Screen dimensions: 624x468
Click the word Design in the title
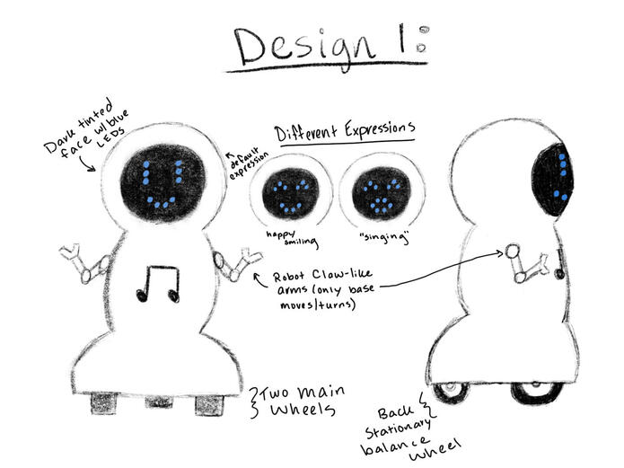click(x=305, y=48)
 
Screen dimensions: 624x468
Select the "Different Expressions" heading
click(x=346, y=130)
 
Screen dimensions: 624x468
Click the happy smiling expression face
click(x=291, y=194)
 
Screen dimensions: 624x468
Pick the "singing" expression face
click(x=381, y=193)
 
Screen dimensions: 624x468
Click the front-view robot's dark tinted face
click(x=163, y=183)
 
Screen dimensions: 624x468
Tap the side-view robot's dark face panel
click(x=554, y=180)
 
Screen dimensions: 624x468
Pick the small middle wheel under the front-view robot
click(x=159, y=402)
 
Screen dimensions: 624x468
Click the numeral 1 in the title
click(x=402, y=39)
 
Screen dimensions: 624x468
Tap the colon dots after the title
click(x=423, y=39)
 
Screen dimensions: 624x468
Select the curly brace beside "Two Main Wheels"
click(x=253, y=402)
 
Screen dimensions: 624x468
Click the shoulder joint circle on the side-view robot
click(x=512, y=251)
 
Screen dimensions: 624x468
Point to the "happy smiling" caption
click(x=293, y=238)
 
